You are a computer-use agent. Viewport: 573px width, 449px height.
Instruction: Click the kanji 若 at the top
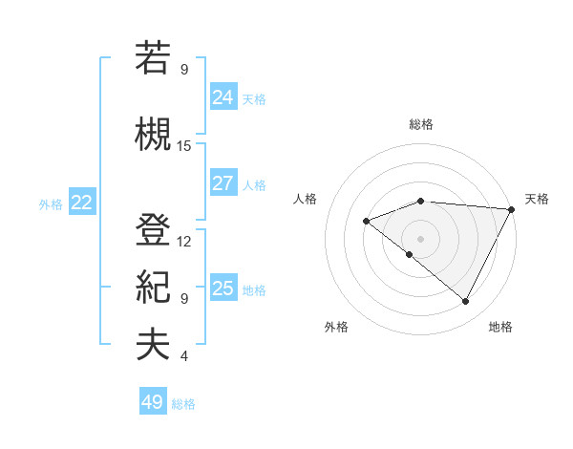(x=153, y=58)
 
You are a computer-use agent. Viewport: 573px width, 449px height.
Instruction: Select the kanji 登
(x=153, y=230)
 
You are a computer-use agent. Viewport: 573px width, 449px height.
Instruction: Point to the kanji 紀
(x=153, y=287)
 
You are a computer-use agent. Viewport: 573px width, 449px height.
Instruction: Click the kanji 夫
(x=153, y=345)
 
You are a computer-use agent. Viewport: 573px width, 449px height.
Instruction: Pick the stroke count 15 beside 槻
(x=184, y=145)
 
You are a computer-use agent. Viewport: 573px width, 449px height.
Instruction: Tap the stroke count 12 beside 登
(x=184, y=241)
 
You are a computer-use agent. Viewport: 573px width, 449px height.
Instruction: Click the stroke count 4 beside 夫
(x=184, y=356)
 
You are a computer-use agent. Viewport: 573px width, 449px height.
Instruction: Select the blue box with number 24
(x=223, y=97)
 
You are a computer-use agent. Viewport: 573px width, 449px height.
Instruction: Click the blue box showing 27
(x=223, y=184)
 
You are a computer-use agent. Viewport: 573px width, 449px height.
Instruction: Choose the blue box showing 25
(x=223, y=289)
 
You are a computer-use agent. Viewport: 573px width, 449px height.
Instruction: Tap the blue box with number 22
(x=82, y=203)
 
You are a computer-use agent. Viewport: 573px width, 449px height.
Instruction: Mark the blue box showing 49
(x=153, y=402)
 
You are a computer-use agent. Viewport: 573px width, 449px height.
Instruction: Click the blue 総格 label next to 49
(x=183, y=404)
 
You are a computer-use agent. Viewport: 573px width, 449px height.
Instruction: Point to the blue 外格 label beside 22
(x=51, y=203)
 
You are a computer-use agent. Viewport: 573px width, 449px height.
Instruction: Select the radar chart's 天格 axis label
(x=537, y=199)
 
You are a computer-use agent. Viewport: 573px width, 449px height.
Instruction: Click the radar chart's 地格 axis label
(x=500, y=327)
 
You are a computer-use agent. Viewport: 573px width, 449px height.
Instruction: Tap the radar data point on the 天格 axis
(x=512, y=209)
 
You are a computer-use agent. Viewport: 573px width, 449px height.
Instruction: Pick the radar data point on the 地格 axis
(x=466, y=302)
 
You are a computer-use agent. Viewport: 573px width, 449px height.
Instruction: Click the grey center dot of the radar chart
(x=420, y=238)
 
